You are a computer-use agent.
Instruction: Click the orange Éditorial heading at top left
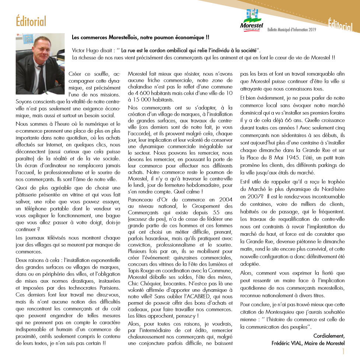(31, 21)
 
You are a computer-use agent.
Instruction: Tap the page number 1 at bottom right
(343, 351)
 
